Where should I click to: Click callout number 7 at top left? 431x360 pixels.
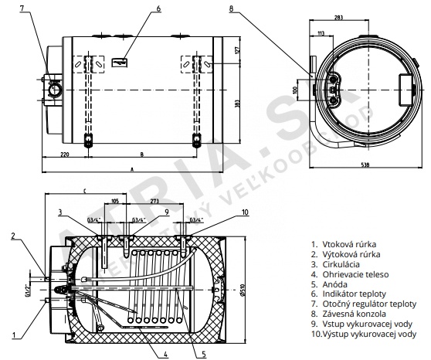click(x=22, y=8)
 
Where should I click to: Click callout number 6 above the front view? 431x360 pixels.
click(x=158, y=8)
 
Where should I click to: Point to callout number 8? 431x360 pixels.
click(x=231, y=8)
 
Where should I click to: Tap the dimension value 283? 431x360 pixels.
click(x=338, y=17)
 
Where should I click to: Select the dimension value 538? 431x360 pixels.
click(x=365, y=165)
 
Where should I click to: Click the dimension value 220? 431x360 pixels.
click(x=64, y=155)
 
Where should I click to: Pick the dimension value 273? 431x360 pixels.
click(x=154, y=201)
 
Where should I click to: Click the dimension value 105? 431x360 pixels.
click(x=115, y=201)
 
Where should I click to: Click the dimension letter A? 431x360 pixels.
click(x=132, y=170)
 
